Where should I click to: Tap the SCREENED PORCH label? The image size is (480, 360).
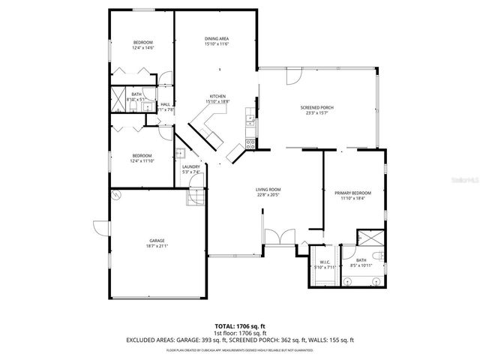coord(316,107)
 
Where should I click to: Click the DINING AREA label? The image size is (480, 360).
coord(217,38)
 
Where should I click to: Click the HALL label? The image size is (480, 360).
coord(165,104)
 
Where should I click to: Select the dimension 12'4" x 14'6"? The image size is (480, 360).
coord(142,47)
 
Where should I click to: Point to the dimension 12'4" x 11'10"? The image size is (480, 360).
coord(142,160)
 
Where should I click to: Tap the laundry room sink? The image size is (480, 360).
coord(180,154)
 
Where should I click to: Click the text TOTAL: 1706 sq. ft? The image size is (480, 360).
coord(240,327)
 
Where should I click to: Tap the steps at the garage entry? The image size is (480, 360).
coord(195,196)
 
